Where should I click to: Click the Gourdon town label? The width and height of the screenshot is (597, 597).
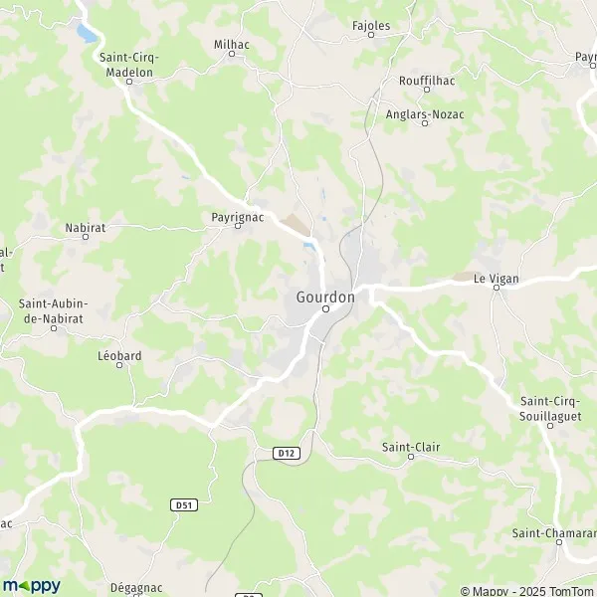(325, 297)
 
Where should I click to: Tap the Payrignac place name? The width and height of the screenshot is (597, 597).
(237, 215)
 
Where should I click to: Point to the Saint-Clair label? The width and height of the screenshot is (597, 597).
(411, 447)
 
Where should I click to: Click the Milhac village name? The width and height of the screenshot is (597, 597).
(232, 44)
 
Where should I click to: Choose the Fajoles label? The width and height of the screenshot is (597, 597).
(371, 24)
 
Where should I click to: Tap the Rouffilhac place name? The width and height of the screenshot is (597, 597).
(427, 80)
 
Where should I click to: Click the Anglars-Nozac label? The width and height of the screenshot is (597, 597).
(425, 113)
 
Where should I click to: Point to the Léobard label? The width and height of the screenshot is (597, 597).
(119, 355)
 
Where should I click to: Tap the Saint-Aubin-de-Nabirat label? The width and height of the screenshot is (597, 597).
(54, 310)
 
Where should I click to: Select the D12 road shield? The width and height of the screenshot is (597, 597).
(287, 453)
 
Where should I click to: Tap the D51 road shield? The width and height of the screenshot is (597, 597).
(183, 505)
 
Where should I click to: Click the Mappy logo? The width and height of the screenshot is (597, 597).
(32, 586)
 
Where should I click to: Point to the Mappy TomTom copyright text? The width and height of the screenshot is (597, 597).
(527, 590)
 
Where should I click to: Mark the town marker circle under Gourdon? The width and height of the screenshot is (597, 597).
(325, 309)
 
